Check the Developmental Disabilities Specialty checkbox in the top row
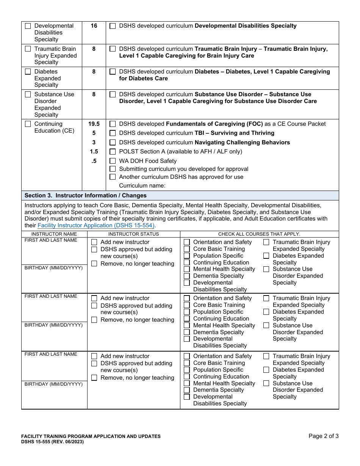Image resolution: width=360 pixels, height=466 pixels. click(28, 26)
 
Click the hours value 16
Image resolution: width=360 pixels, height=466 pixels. click(94, 26)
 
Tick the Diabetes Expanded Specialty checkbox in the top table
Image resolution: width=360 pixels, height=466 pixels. click(28, 72)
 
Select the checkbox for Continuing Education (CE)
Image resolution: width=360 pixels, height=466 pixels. click(28, 124)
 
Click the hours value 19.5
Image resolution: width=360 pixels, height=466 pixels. click(94, 124)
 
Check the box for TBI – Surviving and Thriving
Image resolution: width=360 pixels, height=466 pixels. click(113, 133)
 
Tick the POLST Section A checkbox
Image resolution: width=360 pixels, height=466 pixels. click(113, 152)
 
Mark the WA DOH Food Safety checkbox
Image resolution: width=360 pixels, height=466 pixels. click(113, 161)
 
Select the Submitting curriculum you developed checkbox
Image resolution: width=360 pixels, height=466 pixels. click(113, 169)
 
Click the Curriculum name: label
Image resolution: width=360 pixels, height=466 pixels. click(142, 186)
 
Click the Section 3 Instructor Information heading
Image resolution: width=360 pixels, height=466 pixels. click(85, 195)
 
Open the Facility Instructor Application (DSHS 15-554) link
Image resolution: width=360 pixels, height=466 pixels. click(96, 225)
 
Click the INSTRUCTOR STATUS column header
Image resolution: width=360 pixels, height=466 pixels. click(133, 234)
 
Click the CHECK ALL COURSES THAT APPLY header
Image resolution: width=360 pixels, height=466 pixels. click(259, 234)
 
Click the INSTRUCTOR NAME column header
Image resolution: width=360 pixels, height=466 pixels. click(54, 234)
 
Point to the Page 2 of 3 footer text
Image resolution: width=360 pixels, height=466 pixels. click(323, 436)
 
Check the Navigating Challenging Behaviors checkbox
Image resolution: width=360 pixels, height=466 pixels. click(113, 143)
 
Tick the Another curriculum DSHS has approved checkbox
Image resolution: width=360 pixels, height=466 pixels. click(113, 177)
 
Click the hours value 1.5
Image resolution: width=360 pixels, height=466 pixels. click(94, 152)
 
